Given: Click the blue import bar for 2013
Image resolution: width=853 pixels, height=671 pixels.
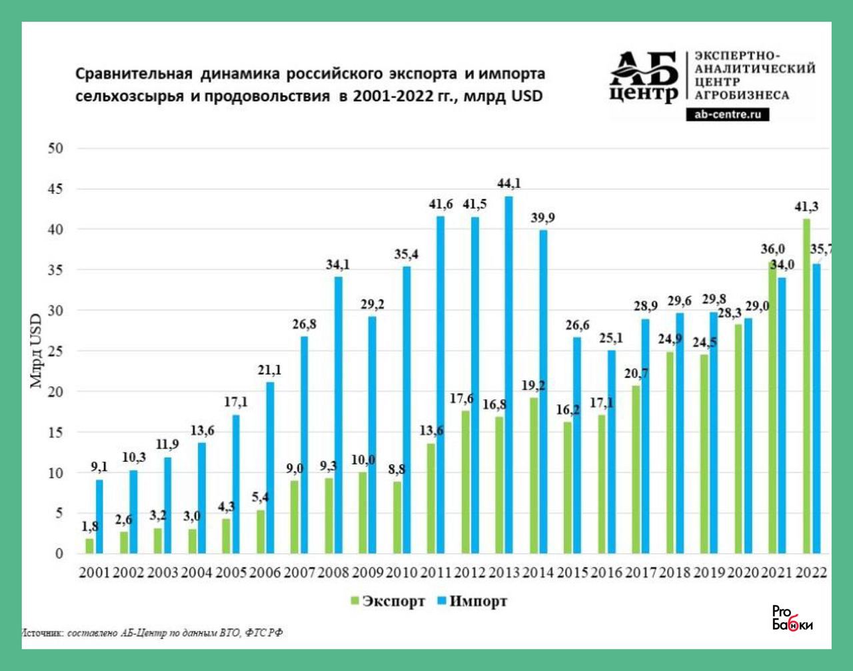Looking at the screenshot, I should (x=509, y=374).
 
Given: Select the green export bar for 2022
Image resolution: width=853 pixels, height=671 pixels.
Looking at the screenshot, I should (x=806, y=386).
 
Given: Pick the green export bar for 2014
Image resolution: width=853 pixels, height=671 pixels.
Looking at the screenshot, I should (x=533, y=475).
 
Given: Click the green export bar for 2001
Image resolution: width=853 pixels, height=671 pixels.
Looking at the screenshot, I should (x=89, y=546).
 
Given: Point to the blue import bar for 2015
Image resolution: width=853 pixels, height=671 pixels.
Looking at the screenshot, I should (x=577, y=445).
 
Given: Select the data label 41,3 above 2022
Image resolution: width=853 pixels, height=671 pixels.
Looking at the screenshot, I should (x=806, y=207).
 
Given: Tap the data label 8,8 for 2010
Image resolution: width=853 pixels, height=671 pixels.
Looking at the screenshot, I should (x=396, y=470).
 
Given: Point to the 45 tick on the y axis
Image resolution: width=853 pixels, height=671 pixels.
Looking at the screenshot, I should (x=55, y=189).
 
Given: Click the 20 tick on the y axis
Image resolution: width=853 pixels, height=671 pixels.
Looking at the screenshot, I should (x=55, y=392).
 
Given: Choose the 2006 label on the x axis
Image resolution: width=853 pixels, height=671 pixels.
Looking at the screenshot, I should (x=265, y=572).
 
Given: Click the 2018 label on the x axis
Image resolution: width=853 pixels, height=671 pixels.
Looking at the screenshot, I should (x=675, y=572).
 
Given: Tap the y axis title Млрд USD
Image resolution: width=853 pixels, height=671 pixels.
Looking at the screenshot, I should (x=36, y=351).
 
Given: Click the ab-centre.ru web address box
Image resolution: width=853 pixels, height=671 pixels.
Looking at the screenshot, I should (x=727, y=115).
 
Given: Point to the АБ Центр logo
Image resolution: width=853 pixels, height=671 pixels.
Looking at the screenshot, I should (x=644, y=77).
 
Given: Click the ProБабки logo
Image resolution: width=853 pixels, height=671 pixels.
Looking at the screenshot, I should (x=792, y=618).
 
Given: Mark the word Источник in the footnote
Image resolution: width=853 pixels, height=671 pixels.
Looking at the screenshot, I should (x=43, y=632).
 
